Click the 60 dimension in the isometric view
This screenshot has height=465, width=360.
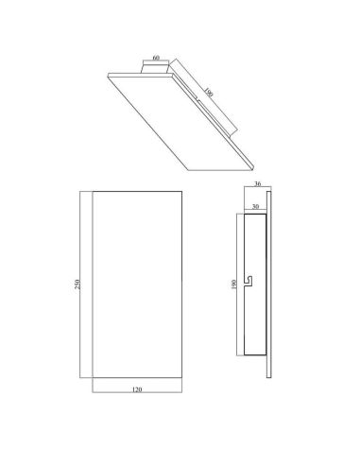point(154,59)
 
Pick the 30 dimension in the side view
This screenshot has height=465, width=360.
point(256,204)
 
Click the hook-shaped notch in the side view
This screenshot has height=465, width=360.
point(247,281)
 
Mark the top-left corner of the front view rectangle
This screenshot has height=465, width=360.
point(94,193)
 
